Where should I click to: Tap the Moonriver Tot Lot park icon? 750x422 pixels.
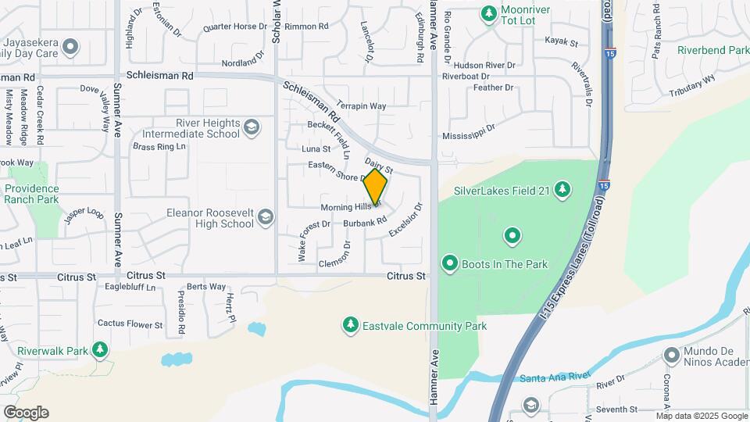(x=489, y=13)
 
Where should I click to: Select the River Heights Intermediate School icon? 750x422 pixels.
(x=252, y=127)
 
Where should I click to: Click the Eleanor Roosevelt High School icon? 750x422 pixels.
(x=266, y=217)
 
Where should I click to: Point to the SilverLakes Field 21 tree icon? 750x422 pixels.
(x=562, y=189)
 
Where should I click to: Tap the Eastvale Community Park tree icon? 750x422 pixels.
(x=352, y=325)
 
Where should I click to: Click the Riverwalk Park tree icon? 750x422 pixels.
(x=99, y=350)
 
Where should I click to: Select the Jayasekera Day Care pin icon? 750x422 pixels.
(x=71, y=48)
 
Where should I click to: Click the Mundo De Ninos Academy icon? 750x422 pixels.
(x=671, y=356)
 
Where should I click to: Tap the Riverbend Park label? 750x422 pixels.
(x=713, y=50)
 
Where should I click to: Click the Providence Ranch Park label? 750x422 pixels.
(x=31, y=194)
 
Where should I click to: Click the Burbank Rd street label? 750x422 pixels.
(x=366, y=223)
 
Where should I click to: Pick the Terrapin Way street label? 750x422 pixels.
(x=362, y=106)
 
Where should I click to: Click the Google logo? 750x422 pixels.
(x=26, y=413)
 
